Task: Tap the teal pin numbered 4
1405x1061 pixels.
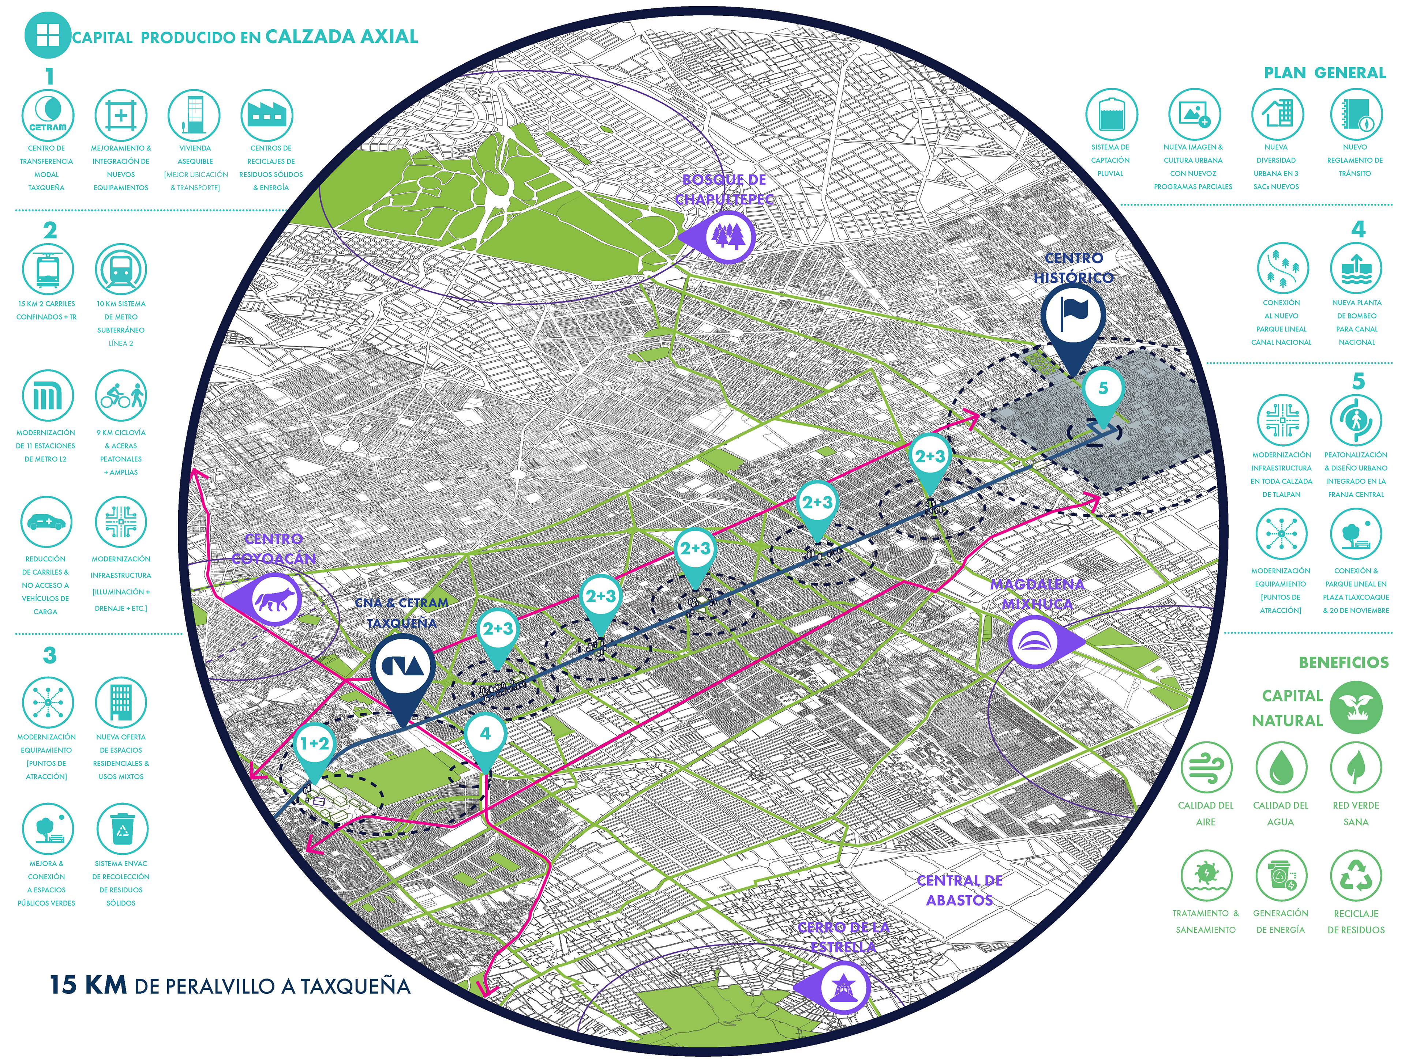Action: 485,735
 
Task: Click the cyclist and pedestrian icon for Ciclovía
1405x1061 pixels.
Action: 121,396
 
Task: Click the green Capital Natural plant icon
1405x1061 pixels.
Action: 1356,707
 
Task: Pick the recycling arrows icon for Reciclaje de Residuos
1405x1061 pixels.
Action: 1356,876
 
